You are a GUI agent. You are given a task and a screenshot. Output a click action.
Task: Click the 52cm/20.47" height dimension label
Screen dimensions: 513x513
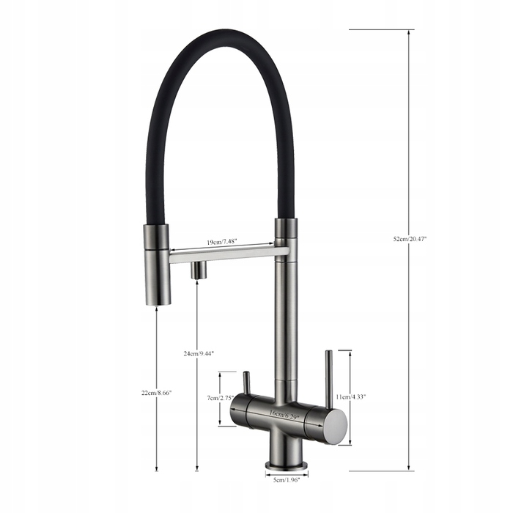point(410,239)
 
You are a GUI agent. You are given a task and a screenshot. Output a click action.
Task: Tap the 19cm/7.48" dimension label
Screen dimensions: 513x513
point(221,242)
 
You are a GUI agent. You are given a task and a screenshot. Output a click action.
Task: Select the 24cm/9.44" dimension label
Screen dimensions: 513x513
point(199,353)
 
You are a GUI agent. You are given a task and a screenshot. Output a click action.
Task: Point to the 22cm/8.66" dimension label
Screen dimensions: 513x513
point(156,393)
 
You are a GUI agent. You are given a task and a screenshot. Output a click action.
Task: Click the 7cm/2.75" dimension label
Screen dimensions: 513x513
point(220,398)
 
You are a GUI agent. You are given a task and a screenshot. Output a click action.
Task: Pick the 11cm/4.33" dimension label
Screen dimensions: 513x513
point(351,397)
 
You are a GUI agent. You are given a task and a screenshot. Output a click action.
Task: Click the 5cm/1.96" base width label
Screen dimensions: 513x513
point(287,480)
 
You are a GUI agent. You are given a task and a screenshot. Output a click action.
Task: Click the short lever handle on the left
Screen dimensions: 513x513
point(246,382)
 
